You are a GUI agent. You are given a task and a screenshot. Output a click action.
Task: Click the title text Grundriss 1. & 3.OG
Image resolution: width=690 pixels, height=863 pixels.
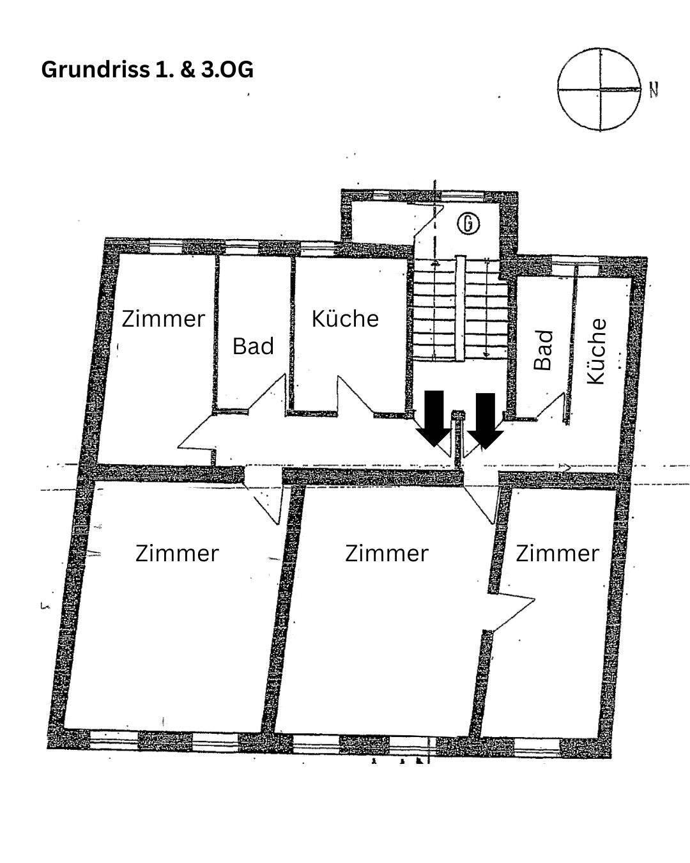[x=147, y=69]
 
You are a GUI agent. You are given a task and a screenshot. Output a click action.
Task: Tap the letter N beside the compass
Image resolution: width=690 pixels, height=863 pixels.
[x=654, y=90]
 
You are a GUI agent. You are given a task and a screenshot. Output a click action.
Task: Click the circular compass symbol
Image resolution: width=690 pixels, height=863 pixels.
[x=599, y=89]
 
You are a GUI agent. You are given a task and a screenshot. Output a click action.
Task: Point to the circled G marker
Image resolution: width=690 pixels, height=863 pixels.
[x=469, y=223]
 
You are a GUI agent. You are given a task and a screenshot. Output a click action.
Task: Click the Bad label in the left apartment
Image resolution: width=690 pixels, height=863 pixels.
[x=253, y=346]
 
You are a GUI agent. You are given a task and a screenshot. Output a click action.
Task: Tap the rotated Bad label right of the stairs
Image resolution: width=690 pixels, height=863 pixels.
[x=543, y=350]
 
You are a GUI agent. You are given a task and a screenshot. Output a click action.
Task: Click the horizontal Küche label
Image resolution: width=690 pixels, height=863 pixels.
[x=345, y=318]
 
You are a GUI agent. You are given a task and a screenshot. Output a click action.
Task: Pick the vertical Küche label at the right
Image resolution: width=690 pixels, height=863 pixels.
[x=595, y=351]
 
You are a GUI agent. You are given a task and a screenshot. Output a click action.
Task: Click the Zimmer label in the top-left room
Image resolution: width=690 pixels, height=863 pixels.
[x=164, y=318]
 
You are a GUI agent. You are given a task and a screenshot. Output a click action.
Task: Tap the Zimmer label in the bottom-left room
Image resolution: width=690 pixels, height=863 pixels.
[x=177, y=553]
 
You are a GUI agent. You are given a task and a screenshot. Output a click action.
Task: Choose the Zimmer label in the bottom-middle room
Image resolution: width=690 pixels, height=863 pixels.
[x=387, y=553]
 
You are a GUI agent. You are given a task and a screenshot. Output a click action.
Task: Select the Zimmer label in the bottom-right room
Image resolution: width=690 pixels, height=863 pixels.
[x=557, y=553]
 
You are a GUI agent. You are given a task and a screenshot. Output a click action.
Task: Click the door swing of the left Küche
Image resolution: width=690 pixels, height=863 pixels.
[x=355, y=396]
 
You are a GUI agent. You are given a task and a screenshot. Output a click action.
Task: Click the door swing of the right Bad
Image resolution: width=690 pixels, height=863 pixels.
[x=551, y=408]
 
